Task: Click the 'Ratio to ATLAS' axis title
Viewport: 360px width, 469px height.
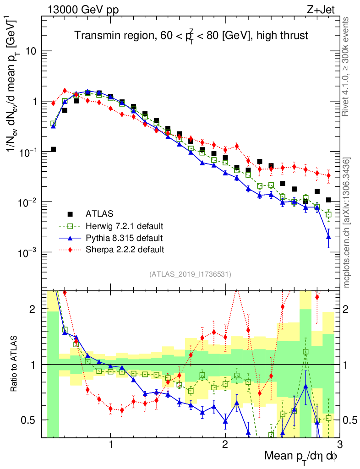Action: (x=16, y=365)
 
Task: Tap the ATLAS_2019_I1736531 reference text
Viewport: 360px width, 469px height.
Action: (x=190, y=274)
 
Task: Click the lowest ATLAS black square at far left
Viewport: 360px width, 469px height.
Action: (x=53, y=149)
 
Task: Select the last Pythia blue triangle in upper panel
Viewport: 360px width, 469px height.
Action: (x=328, y=236)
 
